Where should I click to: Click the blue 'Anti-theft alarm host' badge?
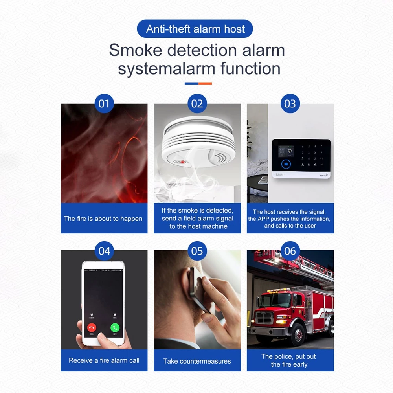[195, 29]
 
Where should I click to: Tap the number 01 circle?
[104, 103]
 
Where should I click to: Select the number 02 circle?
[197, 103]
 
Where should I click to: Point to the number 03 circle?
[290, 103]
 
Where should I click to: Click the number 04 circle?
[104, 251]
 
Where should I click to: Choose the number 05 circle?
[197, 251]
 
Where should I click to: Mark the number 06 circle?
[290, 251]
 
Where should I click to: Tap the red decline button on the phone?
[92, 328]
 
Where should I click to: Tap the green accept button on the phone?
[115, 327]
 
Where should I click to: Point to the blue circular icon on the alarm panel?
[286, 164]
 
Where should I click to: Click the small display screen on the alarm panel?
[286, 152]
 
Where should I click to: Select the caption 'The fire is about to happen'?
[103, 219]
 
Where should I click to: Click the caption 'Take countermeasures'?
[197, 361]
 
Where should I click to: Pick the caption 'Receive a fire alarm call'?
[104, 360]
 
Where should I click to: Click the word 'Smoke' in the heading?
[136, 50]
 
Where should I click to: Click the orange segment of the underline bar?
[205, 84]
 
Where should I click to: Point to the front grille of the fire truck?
[264, 317]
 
